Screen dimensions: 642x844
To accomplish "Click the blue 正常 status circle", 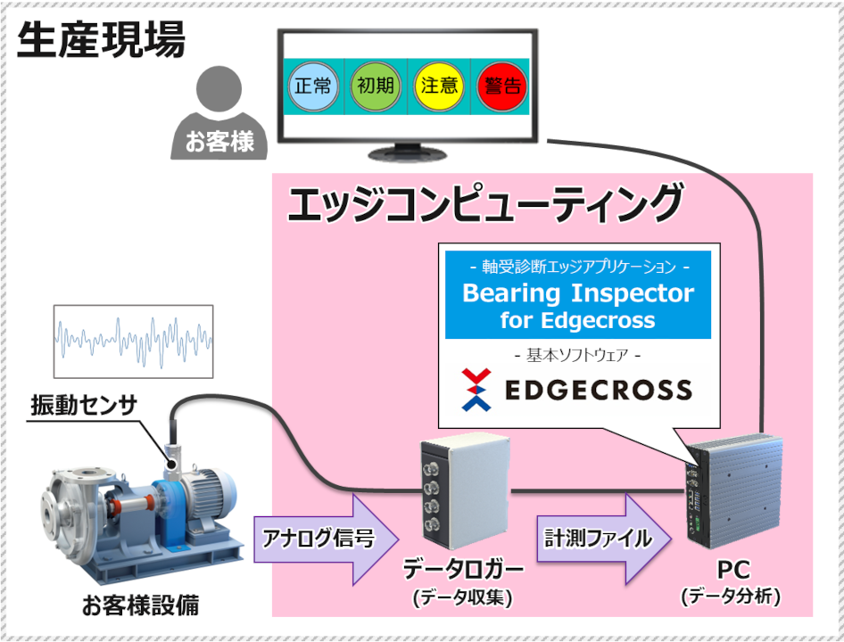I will coord(312,86).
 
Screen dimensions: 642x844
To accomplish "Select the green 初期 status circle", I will coord(375,86).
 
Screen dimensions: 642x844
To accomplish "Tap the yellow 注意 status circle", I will coord(438,86).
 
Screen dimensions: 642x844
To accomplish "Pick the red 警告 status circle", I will coord(501,86).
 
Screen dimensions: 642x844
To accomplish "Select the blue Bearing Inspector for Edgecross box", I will coord(577,294).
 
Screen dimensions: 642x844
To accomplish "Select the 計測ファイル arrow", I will coord(595,538).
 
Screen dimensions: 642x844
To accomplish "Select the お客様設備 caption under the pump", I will coord(140,606).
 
